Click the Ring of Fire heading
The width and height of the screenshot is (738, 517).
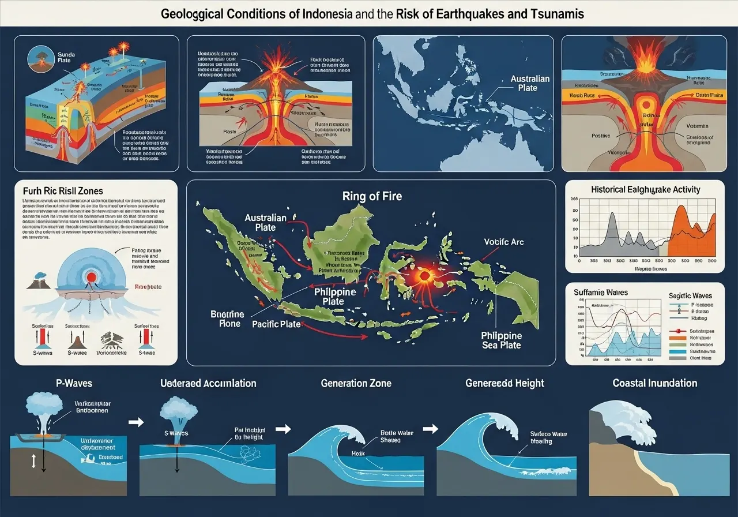coord(371,196)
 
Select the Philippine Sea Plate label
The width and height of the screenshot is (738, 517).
coord(502,340)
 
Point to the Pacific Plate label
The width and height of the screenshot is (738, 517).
coord(276,324)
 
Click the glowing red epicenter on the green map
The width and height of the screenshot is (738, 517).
coord(425,276)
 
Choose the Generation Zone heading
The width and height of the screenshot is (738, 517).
coord(356,383)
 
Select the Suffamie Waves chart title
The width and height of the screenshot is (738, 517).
coord(600,293)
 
